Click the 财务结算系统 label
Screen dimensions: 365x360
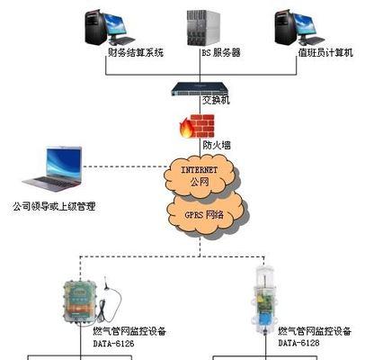pos(136,53)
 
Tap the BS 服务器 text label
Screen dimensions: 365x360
pos(221,53)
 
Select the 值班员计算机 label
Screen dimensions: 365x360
pos(325,52)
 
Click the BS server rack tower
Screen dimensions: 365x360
pos(203,27)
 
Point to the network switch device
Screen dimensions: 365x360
pos(200,89)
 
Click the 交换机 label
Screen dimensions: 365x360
pos(216,100)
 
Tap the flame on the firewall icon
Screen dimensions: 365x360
pos(186,128)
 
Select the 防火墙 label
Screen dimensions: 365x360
pos(217,146)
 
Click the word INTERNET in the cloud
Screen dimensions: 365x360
pos(199,170)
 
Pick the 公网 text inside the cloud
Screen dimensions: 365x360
pos(200,182)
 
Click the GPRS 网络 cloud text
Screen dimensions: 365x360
pos(204,215)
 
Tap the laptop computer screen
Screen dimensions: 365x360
pos(63,164)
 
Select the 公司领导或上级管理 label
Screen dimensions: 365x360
pos(54,206)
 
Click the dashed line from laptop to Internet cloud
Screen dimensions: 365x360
pos(125,166)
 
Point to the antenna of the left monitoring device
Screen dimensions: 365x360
pos(106,283)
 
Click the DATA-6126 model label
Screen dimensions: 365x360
pos(113,343)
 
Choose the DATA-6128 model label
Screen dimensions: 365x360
pos(298,343)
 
